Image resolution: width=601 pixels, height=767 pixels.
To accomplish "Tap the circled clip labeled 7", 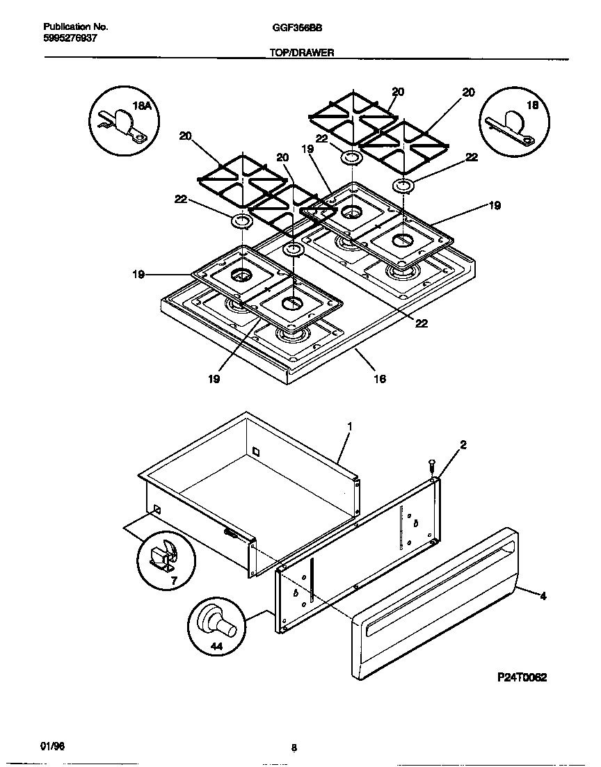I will (x=164, y=556).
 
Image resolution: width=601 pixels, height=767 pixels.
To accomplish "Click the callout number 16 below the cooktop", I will (x=379, y=379).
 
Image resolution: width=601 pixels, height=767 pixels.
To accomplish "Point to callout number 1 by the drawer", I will (x=350, y=425).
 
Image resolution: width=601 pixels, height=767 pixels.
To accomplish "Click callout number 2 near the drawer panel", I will (x=463, y=444).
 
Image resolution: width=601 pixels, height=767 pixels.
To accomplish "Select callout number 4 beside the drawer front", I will (x=543, y=596).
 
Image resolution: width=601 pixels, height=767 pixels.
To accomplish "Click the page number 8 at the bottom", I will (x=294, y=748).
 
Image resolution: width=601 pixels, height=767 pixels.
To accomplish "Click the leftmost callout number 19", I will (x=138, y=275).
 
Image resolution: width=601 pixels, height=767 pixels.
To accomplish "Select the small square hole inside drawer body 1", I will (x=255, y=452).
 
